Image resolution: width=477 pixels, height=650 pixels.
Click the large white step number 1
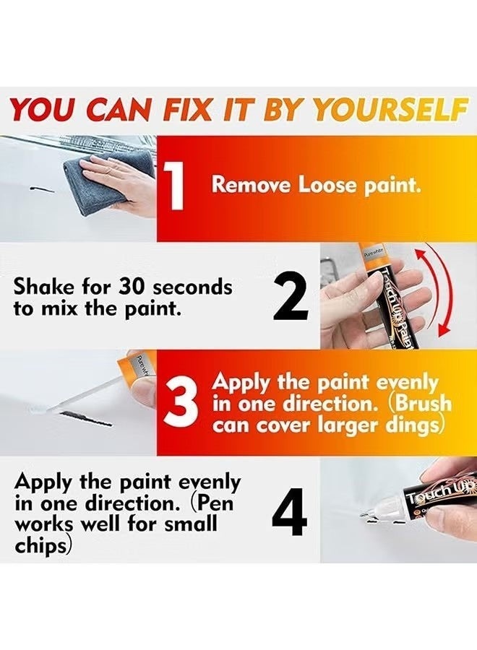[x=173, y=185]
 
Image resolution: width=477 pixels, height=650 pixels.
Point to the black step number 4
[x=290, y=511]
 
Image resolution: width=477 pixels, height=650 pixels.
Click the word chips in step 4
[x=40, y=546]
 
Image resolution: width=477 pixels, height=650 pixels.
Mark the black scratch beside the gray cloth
[x=42, y=190]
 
